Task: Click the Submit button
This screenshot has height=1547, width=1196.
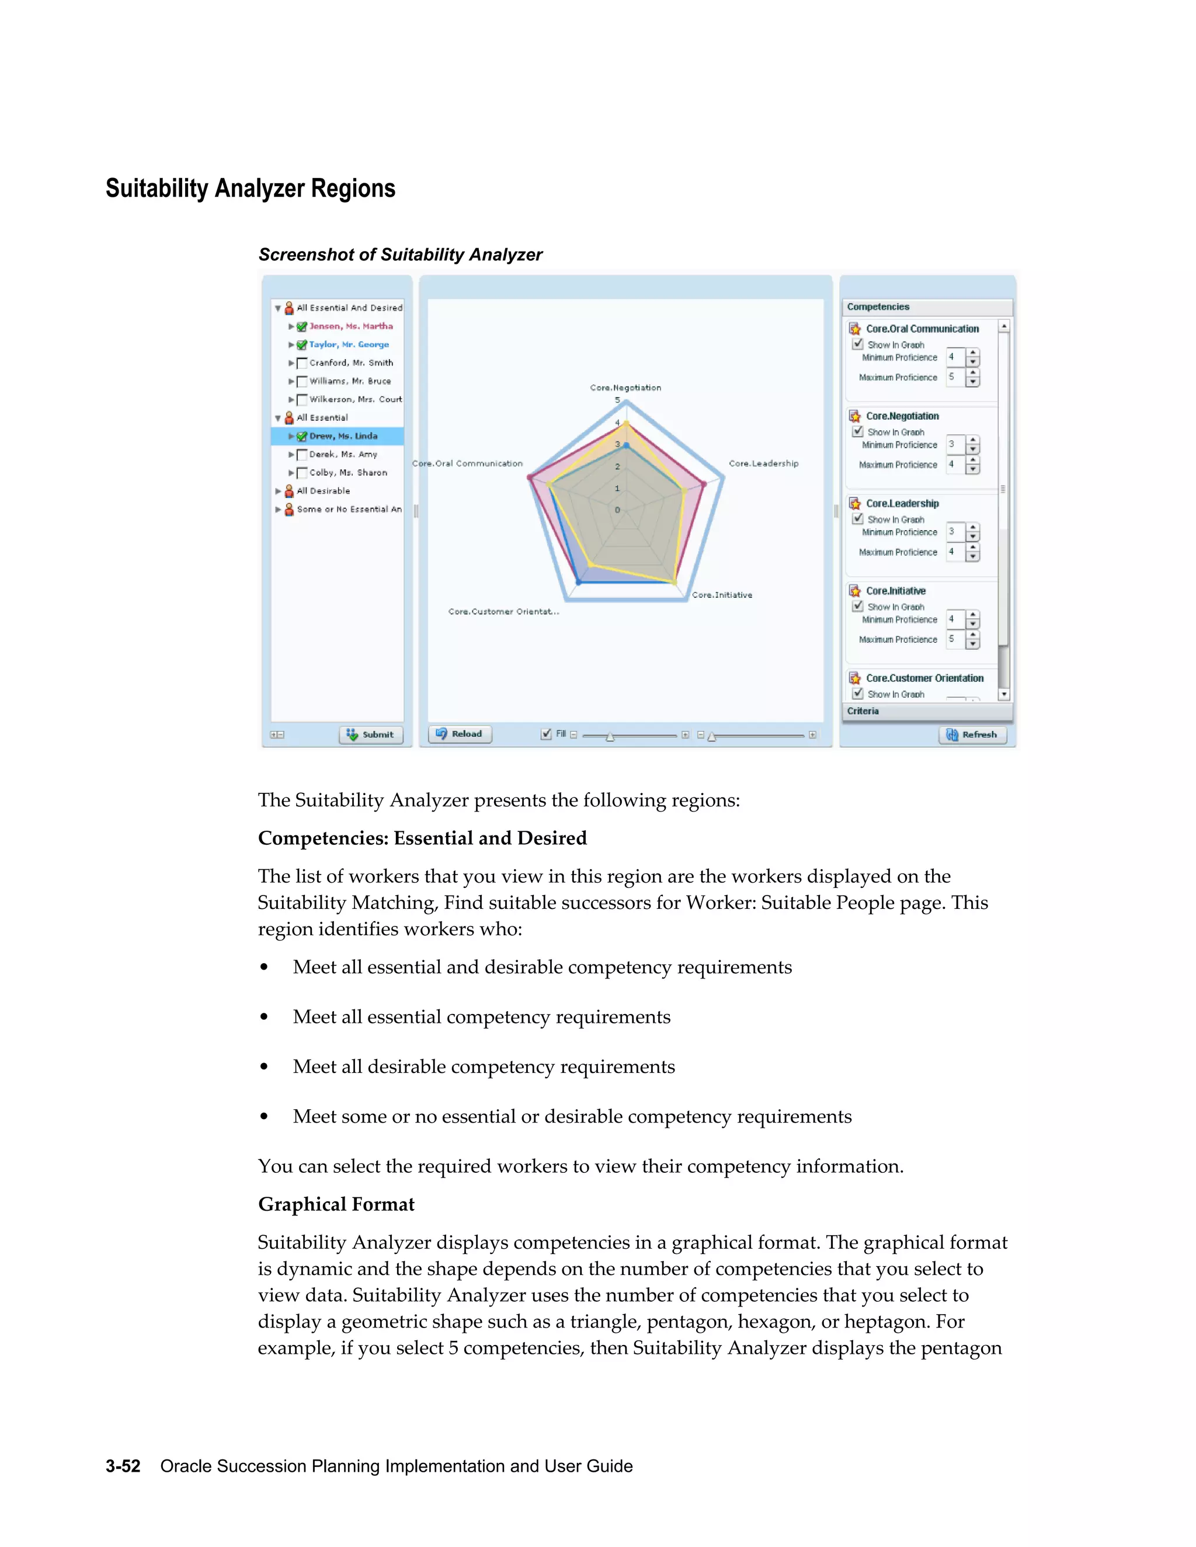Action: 371,734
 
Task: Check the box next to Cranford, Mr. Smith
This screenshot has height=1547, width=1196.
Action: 302,363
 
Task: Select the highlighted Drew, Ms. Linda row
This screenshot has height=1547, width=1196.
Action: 343,436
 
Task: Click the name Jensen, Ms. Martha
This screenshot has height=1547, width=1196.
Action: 351,326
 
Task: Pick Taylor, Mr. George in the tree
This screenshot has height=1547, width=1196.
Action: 349,344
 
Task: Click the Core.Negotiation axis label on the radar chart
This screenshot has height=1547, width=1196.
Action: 625,388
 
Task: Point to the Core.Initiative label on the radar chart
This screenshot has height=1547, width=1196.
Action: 722,595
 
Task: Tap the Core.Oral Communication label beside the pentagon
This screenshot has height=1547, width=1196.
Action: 468,464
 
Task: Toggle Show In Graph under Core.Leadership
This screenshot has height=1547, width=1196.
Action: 858,518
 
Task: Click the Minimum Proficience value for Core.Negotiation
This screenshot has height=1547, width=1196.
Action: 954,444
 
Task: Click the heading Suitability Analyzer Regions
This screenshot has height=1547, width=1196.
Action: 250,189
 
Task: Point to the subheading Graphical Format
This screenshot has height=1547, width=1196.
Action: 336,1204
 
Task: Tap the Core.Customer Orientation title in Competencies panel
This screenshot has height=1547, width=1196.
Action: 924,678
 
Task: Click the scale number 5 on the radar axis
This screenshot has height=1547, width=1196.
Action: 617,400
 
